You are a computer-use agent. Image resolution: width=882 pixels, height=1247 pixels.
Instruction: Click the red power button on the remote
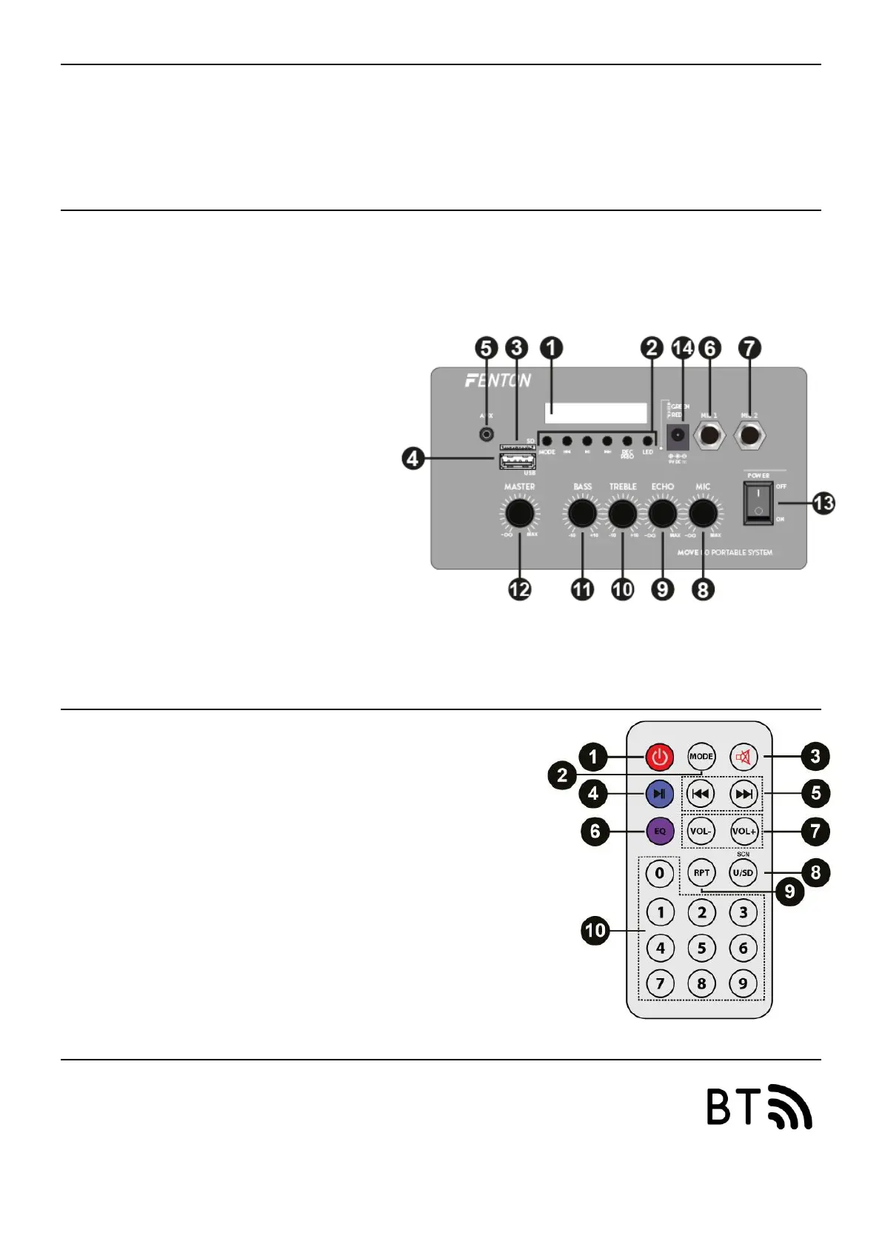(x=660, y=757)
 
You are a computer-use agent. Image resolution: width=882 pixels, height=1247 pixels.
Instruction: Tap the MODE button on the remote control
(x=701, y=757)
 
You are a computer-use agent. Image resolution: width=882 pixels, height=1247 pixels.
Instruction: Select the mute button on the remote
(x=743, y=757)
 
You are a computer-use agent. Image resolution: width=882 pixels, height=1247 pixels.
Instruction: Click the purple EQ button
(x=659, y=831)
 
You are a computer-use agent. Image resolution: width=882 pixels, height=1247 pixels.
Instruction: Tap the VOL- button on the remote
(x=701, y=831)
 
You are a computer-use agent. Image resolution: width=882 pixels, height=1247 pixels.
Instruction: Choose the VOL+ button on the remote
(x=744, y=831)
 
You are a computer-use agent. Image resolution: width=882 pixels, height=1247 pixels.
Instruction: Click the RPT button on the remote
(x=701, y=872)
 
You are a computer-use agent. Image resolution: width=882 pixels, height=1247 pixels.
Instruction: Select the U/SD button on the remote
(x=743, y=872)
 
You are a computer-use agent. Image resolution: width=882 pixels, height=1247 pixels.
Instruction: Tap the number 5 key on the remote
(x=701, y=948)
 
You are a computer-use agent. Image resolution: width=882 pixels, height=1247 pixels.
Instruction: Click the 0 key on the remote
(x=660, y=872)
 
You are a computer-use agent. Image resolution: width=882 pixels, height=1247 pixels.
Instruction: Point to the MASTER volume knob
(x=519, y=512)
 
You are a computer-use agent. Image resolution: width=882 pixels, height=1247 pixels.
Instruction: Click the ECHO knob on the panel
(x=662, y=512)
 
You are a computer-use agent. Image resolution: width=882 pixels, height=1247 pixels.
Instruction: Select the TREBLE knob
(x=622, y=512)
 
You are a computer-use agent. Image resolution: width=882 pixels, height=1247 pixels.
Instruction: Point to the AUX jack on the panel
(x=487, y=435)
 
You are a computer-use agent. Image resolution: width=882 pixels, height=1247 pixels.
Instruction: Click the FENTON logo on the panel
(x=498, y=381)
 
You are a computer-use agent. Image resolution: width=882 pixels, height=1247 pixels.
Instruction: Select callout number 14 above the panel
(x=682, y=348)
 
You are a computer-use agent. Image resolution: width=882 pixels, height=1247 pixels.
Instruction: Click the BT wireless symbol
(x=758, y=1106)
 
